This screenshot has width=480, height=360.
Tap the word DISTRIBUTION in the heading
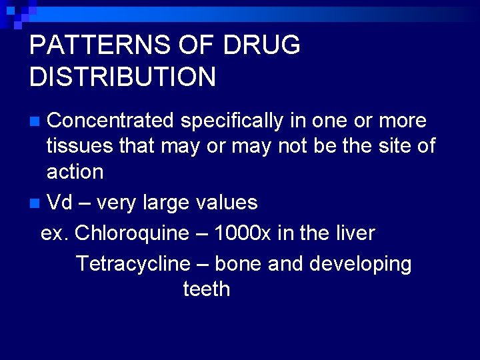[x=123, y=77]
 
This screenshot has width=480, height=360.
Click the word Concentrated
[x=110, y=121]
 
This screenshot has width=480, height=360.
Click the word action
[x=75, y=172]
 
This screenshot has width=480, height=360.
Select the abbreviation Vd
[x=60, y=202]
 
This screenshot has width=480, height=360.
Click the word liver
[x=353, y=233]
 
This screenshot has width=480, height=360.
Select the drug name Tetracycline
[x=133, y=263]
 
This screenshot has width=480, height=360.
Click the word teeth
[x=206, y=289]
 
